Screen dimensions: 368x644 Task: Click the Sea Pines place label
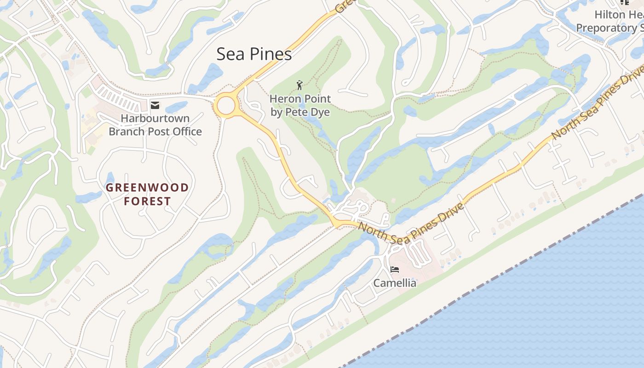coord(254,54)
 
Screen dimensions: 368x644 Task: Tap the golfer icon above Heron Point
coord(300,85)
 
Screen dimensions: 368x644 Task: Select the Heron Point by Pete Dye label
coord(300,105)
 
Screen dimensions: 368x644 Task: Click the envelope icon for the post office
coord(155,106)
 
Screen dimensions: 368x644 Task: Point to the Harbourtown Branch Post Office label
coord(155,125)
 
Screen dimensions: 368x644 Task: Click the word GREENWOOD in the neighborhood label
coord(147,188)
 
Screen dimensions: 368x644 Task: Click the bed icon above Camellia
coord(394,270)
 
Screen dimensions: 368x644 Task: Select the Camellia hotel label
coord(395,283)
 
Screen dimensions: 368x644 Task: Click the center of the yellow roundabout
coord(226,105)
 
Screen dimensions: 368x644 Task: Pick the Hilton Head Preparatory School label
coord(609,21)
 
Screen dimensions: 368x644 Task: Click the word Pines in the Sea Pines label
coord(270,54)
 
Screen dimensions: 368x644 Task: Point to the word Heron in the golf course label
coord(283,99)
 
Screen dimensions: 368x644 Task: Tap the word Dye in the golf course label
coord(321,112)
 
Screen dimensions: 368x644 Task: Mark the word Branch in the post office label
coord(126,132)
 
